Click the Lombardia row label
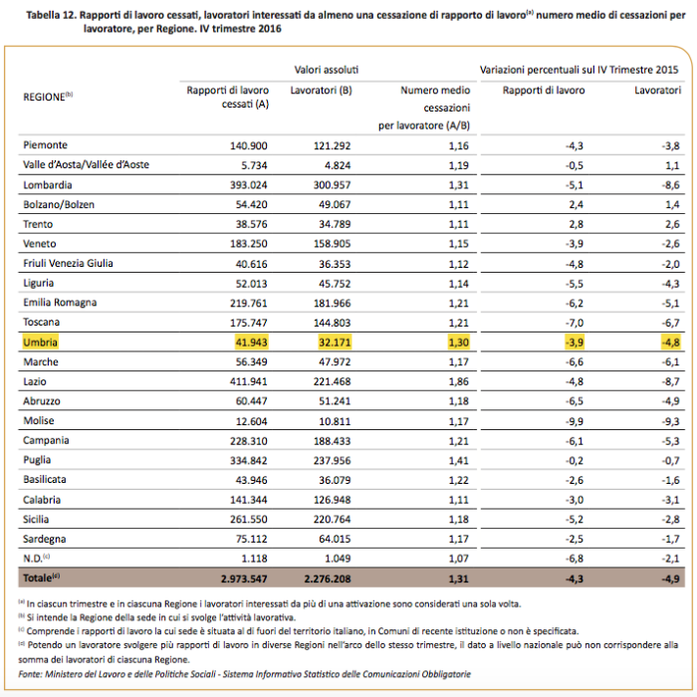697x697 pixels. pyautogui.click(x=46, y=185)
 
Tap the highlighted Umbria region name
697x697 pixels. pyautogui.click(x=41, y=343)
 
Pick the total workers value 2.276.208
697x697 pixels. pyautogui.click(x=323, y=578)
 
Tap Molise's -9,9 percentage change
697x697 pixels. pyautogui.click(x=575, y=421)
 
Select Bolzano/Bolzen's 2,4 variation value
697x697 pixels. pyautogui.click(x=577, y=204)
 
